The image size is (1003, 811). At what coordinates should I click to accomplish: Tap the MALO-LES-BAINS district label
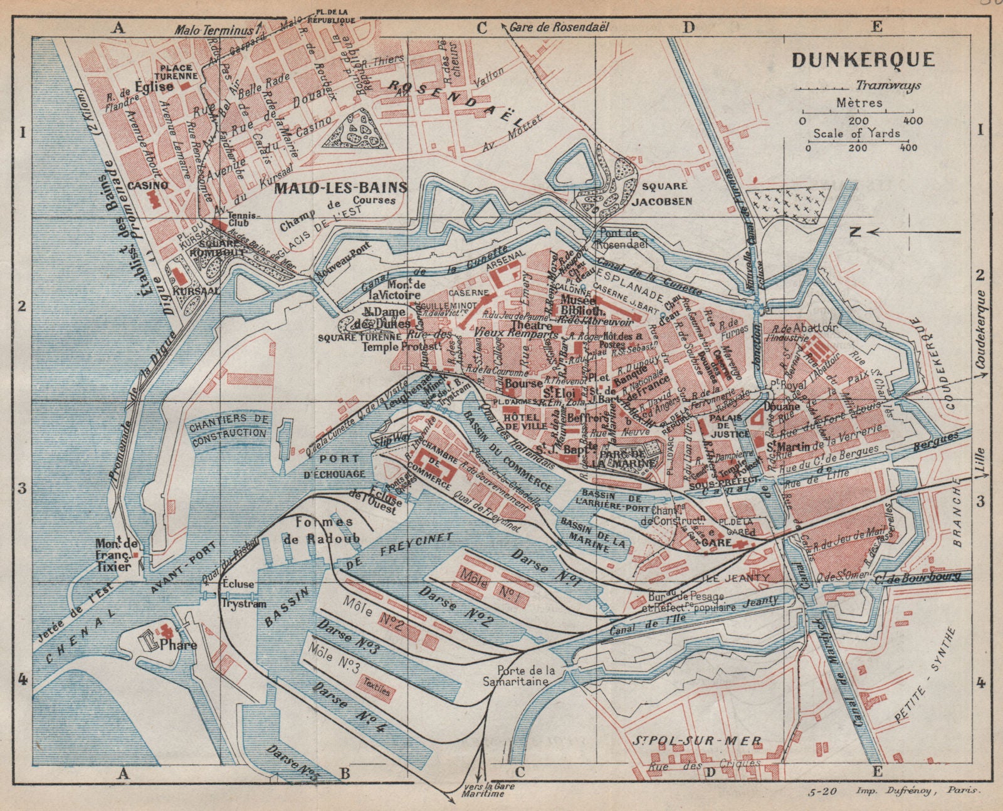click(340, 187)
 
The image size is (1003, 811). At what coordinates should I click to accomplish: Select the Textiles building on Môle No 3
click(375, 691)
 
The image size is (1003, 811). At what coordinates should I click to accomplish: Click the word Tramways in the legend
click(888, 85)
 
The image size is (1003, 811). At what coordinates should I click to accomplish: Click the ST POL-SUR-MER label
click(698, 741)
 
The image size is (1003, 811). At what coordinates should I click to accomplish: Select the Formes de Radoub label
click(324, 531)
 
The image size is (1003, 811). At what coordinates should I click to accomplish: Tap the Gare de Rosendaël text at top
click(559, 27)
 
